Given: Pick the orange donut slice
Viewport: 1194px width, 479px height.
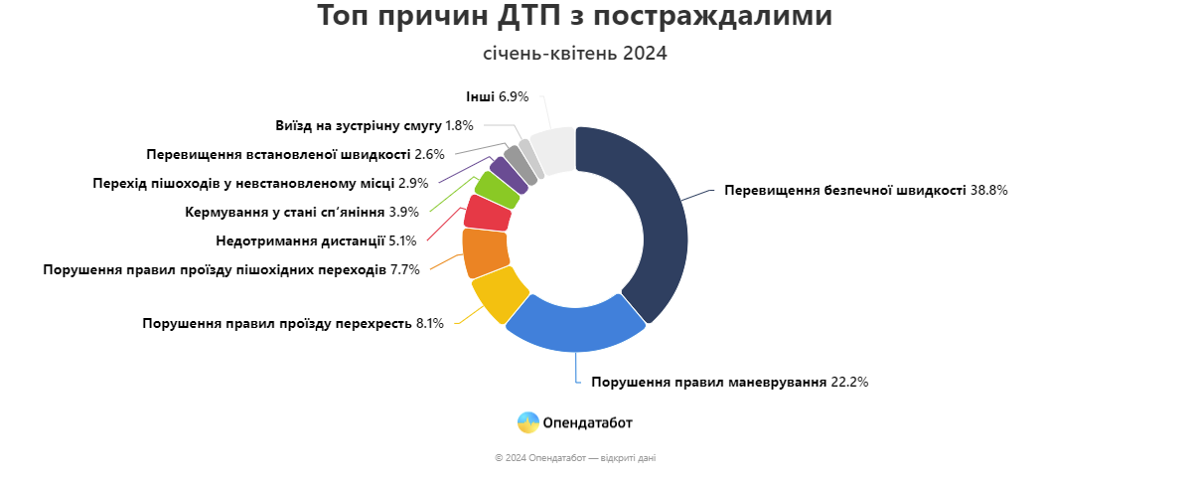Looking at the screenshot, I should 485,251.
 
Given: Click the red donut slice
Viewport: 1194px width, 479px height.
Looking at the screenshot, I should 488,213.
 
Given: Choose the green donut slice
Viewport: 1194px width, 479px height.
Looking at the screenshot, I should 497,189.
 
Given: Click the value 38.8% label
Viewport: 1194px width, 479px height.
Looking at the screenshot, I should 989,191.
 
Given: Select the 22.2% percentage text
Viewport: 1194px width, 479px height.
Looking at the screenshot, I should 850,382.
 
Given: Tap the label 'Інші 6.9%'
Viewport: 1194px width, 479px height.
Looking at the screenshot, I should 498,97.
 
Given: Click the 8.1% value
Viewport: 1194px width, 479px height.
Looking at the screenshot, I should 429,323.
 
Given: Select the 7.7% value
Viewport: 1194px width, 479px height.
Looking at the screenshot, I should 405,269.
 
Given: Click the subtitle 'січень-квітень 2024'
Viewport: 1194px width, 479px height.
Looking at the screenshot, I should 575,54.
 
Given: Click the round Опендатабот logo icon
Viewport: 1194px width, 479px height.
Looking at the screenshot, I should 528,422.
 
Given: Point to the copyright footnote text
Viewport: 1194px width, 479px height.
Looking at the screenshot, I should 575,458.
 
